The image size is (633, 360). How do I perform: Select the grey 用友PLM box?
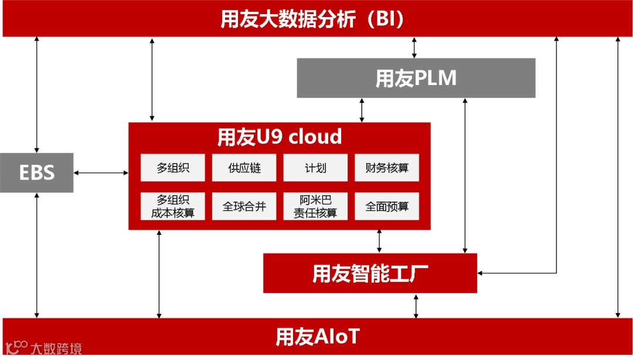click(x=416, y=78)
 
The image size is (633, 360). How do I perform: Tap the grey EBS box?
click(x=36, y=172)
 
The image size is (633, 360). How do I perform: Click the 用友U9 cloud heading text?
click(x=280, y=137)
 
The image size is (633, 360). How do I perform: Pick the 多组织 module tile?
click(x=172, y=168)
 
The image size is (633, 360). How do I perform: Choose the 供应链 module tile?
click(x=244, y=168)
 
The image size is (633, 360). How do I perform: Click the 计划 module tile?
click(x=315, y=168)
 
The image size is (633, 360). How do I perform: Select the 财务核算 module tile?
click(x=387, y=168)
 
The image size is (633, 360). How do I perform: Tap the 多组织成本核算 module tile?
click(x=172, y=206)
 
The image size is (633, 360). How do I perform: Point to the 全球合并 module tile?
click(x=244, y=206)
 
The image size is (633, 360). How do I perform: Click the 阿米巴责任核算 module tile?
click(x=315, y=206)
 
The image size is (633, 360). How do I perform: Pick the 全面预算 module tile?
click(x=387, y=206)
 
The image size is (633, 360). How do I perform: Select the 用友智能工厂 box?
click(x=370, y=273)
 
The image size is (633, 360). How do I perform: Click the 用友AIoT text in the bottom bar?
click(x=317, y=337)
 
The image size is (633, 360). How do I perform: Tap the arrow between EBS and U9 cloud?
click(x=101, y=172)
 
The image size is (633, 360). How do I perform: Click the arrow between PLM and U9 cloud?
click(x=362, y=110)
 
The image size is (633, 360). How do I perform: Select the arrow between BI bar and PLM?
click(x=414, y=47)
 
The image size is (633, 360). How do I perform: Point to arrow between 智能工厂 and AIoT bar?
click(x=416, y=305)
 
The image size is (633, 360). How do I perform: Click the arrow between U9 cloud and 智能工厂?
click(x=380, y=241)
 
